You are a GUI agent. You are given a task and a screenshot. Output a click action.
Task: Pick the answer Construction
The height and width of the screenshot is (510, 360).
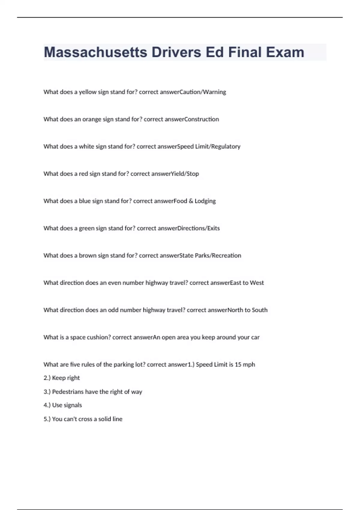202,119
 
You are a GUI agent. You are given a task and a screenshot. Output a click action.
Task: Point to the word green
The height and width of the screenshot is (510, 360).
86,228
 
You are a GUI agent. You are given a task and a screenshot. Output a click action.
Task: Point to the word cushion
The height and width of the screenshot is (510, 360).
98,337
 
